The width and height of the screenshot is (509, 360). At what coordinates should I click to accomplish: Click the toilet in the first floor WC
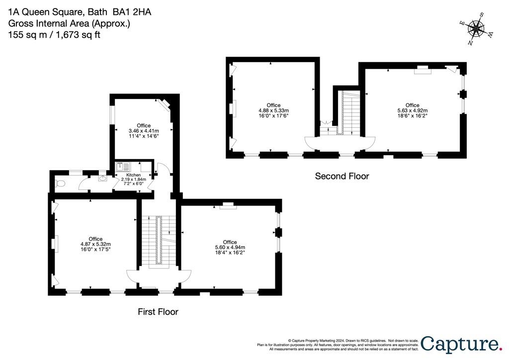point(60,184)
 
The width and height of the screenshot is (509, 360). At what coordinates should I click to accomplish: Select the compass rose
point(476,28)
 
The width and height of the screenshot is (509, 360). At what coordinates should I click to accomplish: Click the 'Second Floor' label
point(342,176)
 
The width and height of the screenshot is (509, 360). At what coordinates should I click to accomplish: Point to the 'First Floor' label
point(158,312)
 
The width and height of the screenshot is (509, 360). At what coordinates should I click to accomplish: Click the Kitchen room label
point(133,175)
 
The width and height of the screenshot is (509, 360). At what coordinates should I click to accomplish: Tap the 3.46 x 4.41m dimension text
point(144,131)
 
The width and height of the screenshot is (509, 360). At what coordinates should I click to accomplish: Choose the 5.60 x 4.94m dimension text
point(230,247)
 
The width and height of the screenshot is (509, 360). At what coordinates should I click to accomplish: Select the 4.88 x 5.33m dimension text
point(274,110)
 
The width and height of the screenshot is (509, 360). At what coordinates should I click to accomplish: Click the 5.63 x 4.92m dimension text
point(412,110)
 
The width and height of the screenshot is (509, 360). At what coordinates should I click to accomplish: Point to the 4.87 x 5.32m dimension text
point(96,244)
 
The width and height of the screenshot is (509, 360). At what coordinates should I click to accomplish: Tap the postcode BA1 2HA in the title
point(132,12)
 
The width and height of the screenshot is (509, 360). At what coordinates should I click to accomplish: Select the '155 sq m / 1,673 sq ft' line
point(54,35)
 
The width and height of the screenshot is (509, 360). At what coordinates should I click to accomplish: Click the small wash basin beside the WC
point(102,178)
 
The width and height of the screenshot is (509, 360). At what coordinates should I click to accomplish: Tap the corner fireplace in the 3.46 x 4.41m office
point(165,104)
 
